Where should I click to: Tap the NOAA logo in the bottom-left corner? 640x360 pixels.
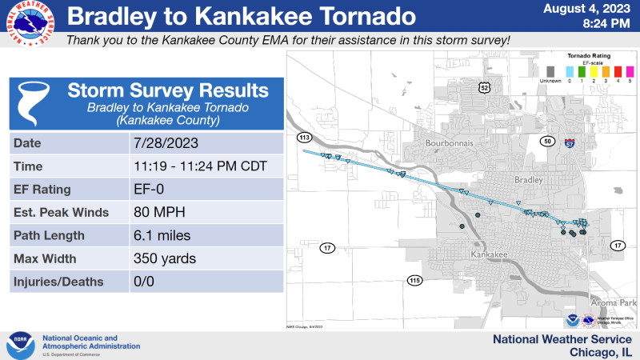pos(20,345)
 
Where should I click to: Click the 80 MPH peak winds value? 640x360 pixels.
pos(157,213)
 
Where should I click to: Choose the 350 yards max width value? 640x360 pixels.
pos(164,259)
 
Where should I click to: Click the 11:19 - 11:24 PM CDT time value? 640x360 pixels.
pos(199,166)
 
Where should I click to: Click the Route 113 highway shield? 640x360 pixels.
pos(304,138)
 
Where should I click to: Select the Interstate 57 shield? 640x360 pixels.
pos(569,143)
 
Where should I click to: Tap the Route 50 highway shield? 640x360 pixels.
pos(547,142)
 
